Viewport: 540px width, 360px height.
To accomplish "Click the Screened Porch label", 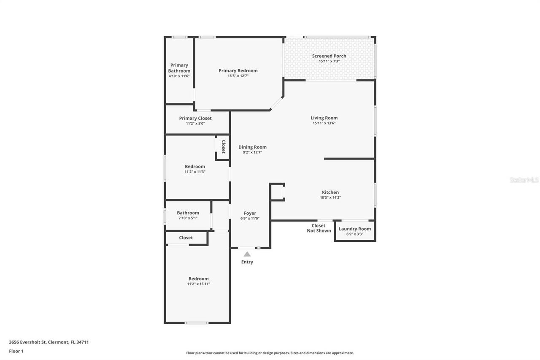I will pyautogui.click(x=329, y=56).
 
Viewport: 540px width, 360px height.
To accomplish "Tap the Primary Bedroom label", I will pyautogui.click(x=238, y=70).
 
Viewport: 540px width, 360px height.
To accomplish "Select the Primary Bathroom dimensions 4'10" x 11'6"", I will pyautogui.click(x=179, y=76).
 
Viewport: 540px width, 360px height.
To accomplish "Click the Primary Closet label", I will pyautogui.click(x=195, y=118).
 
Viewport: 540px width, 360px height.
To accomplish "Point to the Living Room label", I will pyautogui.click(x=324, y=118).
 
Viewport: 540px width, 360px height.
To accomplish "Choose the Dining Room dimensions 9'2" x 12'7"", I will pyautogui.click(x=252, y=152).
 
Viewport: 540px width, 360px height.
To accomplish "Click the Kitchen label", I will pyautogui.click(x=330, y=192).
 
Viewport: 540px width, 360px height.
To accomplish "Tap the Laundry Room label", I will pyautogui.click(x=355, y=229).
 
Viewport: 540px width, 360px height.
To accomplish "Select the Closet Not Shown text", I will pyautogui.click(x=319, y=228).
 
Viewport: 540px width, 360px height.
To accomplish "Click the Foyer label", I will pyautogui.click(x=250, y=213).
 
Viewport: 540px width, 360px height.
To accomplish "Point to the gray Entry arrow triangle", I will pyautogui.click(x=247, y=254).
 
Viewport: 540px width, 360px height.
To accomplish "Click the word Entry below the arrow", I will pyautogui.click(x=247, y=262).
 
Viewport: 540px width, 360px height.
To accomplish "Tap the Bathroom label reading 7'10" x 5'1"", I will pyautogui.click(x=188, y=213).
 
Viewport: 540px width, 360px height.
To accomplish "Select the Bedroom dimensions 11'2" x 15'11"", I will pyautogui.click(x=198, y=284).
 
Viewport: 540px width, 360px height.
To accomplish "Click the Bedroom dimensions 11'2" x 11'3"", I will pyautogui.click(x=195, y=172).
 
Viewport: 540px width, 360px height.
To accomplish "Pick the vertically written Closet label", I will pyautogui.click(x=223, y=147).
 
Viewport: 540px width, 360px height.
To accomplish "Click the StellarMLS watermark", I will pyautogui.click(x=524, y=180).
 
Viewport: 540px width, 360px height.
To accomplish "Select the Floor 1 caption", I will pyautogui.click(x=16, y=351).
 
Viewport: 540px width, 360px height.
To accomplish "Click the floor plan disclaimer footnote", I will pyautogui.click(x=270, y=353).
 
